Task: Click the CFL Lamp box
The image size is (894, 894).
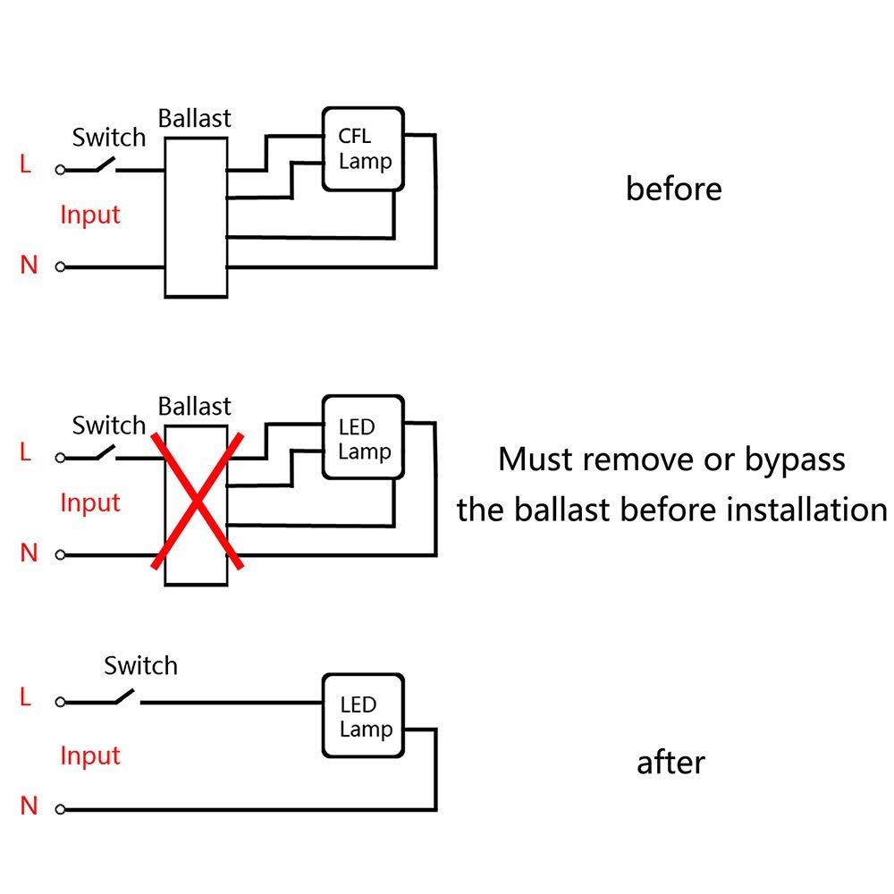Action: [x=363, y=148]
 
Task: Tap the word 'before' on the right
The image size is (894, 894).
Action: [x=674, y=189]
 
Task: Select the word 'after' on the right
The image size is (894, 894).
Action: [x=670, y=763]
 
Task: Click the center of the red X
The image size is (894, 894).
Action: [x=198, y=502]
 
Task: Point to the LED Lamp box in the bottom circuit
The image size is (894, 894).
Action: [x=363, y=716]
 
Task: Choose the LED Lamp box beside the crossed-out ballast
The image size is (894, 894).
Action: [x=363, y=437]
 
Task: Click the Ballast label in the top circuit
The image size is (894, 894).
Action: [x=194, y=119]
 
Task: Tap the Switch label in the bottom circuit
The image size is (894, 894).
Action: [x=141, y=665]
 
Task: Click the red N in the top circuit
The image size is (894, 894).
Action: [x=29, y=265]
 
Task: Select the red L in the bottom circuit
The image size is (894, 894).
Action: [x=25, y=696]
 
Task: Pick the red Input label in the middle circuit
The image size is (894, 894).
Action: [x=90, y=502]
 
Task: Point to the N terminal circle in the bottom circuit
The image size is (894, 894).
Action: [x=60, y=809]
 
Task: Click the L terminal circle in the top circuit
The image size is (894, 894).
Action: [x=60, y=169]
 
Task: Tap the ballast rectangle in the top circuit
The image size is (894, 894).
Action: [x=196, y=217]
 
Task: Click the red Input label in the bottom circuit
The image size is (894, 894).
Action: [x=90, y=755]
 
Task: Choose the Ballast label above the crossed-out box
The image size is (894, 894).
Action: [x=194, y=407]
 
